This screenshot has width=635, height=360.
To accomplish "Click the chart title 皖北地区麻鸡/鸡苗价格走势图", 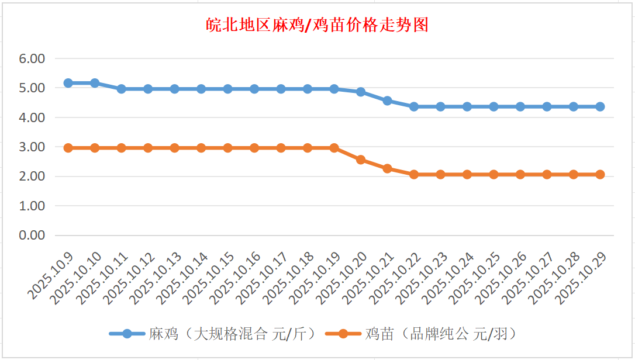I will click(317, 25).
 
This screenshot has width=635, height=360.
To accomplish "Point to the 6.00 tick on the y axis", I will click(32, 58).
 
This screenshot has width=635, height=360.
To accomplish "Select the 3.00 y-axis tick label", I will click(32, 147).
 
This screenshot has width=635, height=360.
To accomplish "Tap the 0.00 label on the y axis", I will click(32, 235).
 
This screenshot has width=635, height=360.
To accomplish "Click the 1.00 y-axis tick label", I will click(32, 206).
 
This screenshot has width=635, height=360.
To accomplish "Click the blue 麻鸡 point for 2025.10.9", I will click(68, 83).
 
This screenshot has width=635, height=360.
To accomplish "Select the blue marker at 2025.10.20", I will click(361, 92).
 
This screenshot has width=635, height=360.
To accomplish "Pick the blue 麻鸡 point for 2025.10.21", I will click(387, 101).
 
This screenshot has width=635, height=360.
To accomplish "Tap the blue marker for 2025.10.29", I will click(600, 106).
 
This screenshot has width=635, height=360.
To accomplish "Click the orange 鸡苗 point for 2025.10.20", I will click(361, 160).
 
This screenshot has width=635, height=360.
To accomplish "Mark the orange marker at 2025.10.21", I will click(387, 168).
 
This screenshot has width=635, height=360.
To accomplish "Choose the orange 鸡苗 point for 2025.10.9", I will click(68, 148).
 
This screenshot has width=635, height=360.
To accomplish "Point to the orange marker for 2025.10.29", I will click(600, 174).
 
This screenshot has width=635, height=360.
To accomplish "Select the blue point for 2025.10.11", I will click(122, 89).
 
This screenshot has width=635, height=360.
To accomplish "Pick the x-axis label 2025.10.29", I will click(582, 278).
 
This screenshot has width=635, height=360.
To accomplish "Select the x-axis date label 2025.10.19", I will click(316, 278).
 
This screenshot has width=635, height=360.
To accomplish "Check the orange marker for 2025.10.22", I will click(414, 174).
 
